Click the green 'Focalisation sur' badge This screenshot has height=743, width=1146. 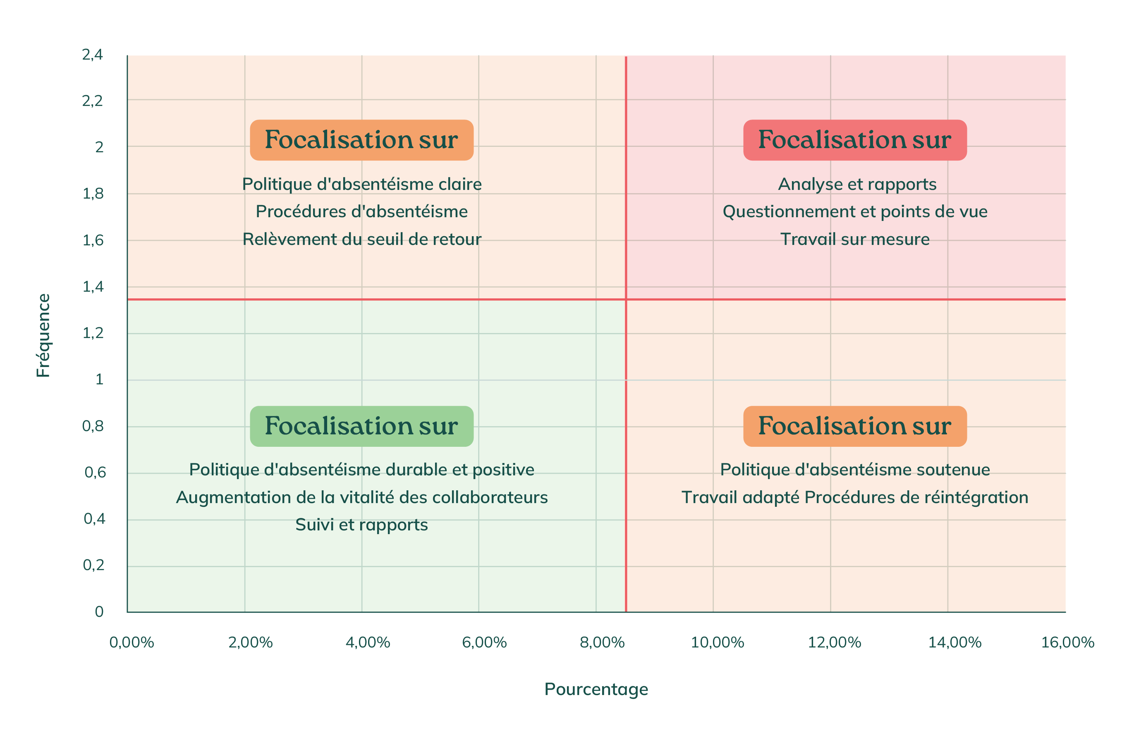[x=361, y=426]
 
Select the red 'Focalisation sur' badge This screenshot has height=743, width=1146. [x=855, y=140]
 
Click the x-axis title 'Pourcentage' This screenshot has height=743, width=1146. [x=596, y=689]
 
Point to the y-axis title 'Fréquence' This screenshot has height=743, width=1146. [x=43, y=335]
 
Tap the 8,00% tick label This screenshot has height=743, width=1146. [x=602, y=642]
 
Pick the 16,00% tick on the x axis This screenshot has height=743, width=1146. [x=1067, y=642]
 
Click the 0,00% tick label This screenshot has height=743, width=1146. [x=132, y=642]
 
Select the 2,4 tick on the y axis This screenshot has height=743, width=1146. [x=93, y=55]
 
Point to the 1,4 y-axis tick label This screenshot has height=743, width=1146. [x=93, y=287]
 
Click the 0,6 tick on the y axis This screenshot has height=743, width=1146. [x=95, y=472]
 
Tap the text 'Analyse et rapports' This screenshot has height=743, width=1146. [x=857, y=185]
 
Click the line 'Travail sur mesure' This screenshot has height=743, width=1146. [x=855, y=239]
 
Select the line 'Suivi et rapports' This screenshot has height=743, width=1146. [x=361, y=525]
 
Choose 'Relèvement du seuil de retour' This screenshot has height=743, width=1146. [x=361, y=239]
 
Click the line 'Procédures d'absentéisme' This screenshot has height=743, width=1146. [x=361, y=212]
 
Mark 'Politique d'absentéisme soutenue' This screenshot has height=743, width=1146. [x=855, y=470]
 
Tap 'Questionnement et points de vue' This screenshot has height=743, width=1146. [x=855, y=212]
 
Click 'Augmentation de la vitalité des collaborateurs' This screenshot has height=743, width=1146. [x=361, y=497]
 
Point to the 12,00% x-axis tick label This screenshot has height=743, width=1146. [x=834, y=642]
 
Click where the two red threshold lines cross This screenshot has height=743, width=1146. [x=626, y=300]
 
